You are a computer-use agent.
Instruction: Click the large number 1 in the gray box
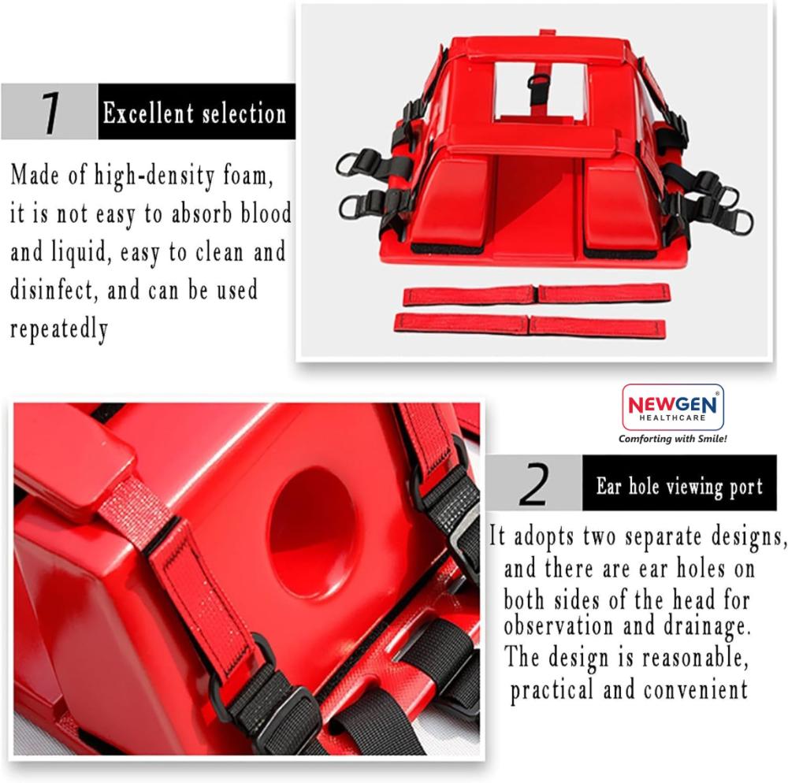click(x=50, y=113)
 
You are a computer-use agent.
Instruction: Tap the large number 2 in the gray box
click(x=534, y=483)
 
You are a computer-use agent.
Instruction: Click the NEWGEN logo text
click(x=673, y=404)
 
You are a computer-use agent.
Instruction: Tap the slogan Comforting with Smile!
click(x=672, y=439)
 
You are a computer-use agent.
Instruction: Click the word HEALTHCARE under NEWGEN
click(x=672, y=417)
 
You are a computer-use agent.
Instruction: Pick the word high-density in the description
click(x=154, y=176)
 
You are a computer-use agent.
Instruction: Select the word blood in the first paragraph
click(x=266, y=213)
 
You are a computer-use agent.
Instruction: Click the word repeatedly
click(x=59, y=329)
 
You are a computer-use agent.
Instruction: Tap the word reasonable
click(x=695, y=658)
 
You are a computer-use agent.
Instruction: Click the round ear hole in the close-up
click(x=313, y=533)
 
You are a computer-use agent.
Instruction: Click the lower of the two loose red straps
click(x=530, y=325)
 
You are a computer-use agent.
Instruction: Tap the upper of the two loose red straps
click(x=537, y=295)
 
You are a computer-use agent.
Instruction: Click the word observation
click(x=559, y=625)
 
